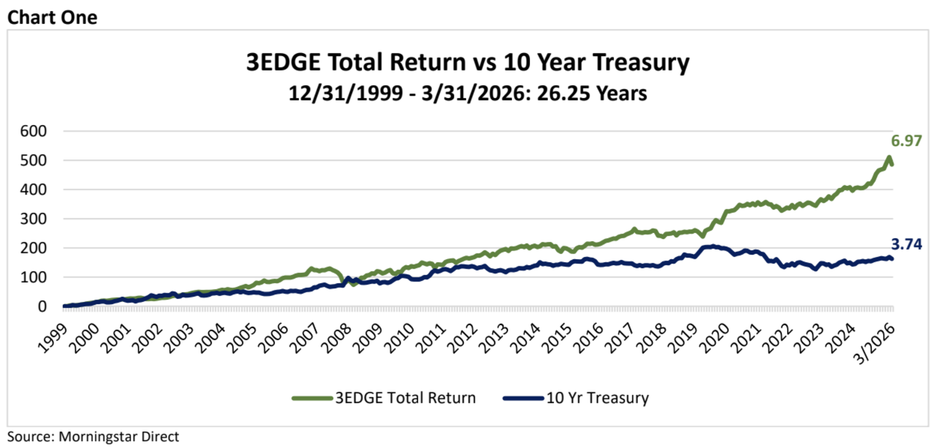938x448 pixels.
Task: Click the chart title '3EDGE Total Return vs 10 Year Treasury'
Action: coord(468,62)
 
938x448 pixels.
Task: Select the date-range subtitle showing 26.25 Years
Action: coord(468,93)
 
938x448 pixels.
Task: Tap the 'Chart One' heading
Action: coord(52,17)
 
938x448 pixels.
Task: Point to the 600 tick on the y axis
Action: coord(33,131)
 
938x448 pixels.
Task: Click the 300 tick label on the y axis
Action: coord(33,219)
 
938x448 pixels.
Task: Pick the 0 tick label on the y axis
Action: coord(42,307)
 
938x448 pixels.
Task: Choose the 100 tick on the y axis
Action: coord(33,277)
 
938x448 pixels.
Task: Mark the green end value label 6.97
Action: coord(906,141)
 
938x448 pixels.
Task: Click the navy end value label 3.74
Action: coord(906,244)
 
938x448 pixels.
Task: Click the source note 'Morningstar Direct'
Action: coord(118,437)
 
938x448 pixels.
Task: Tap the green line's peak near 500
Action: coord(889,158)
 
